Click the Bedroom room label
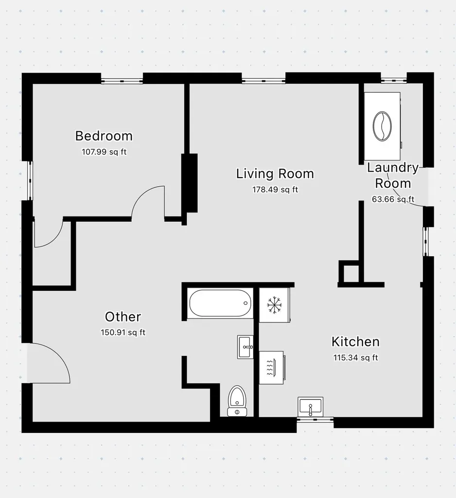tap(104, 136)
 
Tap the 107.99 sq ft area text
tap(104, 152)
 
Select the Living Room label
tap(275, 174)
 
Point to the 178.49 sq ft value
tap(275, 190)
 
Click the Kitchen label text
tap(355, 341)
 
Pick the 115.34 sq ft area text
tap(355, 358)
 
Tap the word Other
tap(123, 317)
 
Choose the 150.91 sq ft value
tap(123, 333)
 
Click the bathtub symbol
tap(219, 303)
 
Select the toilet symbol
tap(237, 401)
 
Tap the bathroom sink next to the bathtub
tap(246, 347)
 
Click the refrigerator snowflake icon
tap(275, 305)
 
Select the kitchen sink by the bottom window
tap(311, 407)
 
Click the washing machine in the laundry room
tap(382, 126)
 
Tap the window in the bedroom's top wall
tap(122, 79)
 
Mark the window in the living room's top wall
tap(263, 79)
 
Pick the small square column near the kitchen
tap(348, 272)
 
